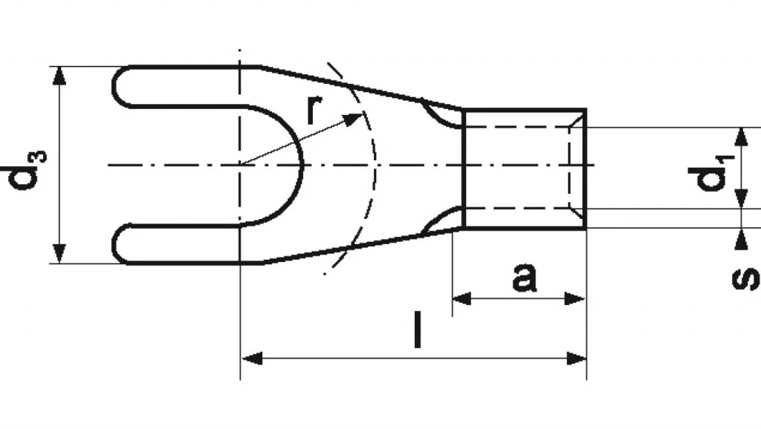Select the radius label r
[x=314, y=108]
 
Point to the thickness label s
[x=745, y=278]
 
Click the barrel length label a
[x=525, y=278]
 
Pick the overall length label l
[x=418, y=330]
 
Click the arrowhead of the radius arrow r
[x=353, y=118]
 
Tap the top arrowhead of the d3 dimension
[x=59, y=76]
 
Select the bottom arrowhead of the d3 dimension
[x=59, y=254]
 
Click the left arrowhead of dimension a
[x=462, y=298]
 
